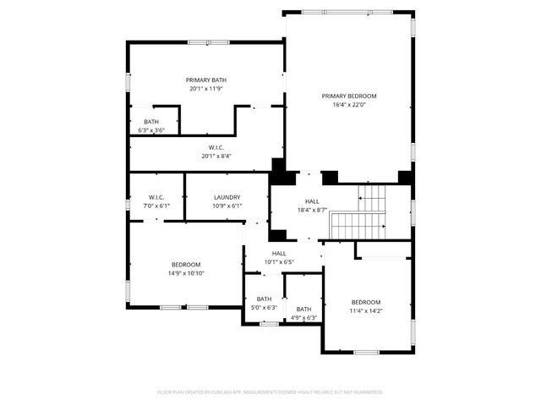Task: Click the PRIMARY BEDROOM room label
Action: click(349, 96)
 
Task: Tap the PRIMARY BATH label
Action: click(207, 80)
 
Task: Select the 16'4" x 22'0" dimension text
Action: click(349, 105)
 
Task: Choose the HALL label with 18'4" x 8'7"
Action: click(312, 201)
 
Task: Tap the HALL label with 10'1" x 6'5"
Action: click(278, 253)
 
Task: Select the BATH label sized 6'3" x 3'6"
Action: click(151, 122)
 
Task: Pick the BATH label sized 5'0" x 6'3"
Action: click(265, 299)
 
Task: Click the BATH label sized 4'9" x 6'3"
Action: click(303, 309)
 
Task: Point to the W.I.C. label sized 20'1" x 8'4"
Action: click(216, 146)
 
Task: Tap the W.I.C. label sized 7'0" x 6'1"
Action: click(156, 197)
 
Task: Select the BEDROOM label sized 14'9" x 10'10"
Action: click(186, 264)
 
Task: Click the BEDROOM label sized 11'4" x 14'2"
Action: click(366, 302)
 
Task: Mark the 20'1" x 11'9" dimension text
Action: click(207, 88)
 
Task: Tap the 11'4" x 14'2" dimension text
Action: click(366, 311)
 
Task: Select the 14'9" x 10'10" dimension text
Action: click(186, 273)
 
